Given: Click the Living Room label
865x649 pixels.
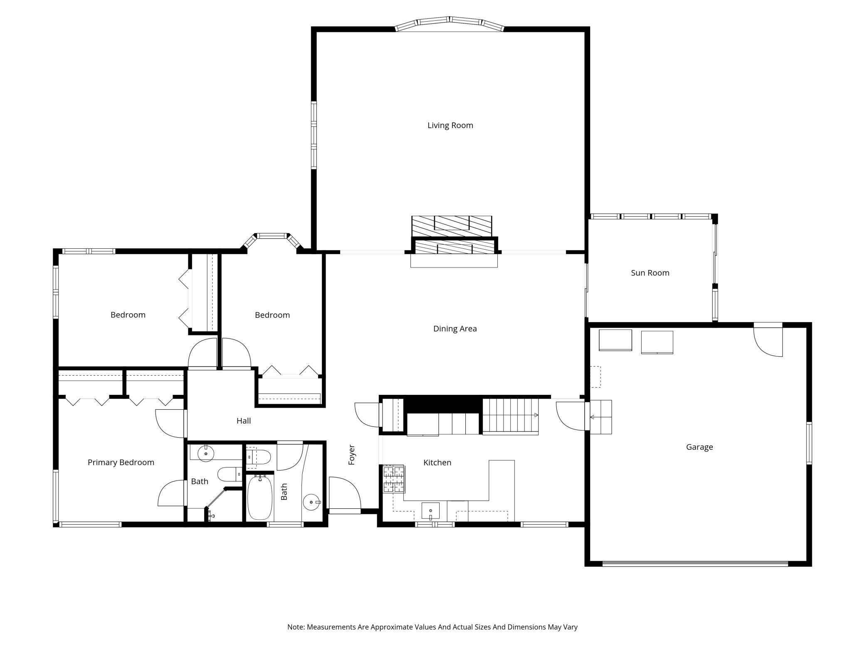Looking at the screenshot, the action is click(450, 125).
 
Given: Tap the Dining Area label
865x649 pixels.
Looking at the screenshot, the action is click(455, 329).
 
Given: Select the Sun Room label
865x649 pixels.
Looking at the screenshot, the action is click(650, 273).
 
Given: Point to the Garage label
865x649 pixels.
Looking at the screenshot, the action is click(699, 447).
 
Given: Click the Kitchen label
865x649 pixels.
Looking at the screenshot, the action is click(437, 462).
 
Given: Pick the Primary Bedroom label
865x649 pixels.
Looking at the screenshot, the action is click(121, 462).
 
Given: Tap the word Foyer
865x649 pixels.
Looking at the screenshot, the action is click(352, 455).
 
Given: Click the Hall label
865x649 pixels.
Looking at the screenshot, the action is click(244, 421).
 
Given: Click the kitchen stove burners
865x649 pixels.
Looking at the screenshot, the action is click(393, 479).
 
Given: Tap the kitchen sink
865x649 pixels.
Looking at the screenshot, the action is click(430, 510).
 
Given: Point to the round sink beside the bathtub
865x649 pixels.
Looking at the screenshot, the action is click(311, 502).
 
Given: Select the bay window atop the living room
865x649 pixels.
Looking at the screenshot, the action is click(450, 24).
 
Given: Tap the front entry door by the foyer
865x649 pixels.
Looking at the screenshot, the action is click(344, 495).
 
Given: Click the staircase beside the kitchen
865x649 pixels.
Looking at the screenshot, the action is click(510, 416).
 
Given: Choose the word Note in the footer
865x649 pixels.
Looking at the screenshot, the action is click(296, 627).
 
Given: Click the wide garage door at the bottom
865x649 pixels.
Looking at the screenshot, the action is click(695, 564).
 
